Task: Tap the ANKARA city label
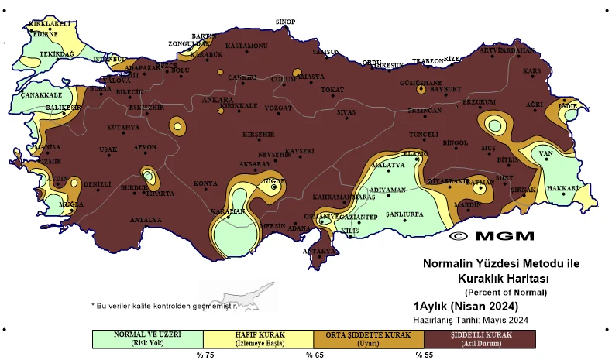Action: pos(217,100)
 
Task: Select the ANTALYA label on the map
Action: pos(145,220)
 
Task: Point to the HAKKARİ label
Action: pos(563,188)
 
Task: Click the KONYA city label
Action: pos(205,183)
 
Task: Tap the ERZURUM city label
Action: pos(479,102)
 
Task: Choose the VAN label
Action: pos(545,153)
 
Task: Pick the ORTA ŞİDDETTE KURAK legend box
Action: pos(368,338)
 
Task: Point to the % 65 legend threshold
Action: pos(313,355)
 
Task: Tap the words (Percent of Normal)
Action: pos(505,292)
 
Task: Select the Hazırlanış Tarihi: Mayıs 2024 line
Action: pos(471,319)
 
